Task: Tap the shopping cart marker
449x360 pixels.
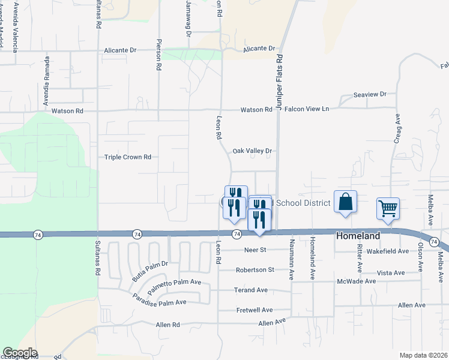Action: (388, 208)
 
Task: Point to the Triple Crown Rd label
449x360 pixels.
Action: (128, 157)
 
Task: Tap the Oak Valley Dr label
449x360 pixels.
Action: (253, 151)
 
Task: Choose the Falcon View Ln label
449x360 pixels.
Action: (307, 109)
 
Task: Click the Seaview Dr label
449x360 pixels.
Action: (370, 95)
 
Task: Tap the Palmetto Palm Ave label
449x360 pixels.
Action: (174, 282)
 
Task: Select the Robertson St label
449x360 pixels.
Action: (255, 270)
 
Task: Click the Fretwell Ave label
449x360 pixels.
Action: (255, 310)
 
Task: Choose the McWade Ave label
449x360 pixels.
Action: (357, 281)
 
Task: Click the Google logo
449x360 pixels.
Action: (20, 353)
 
